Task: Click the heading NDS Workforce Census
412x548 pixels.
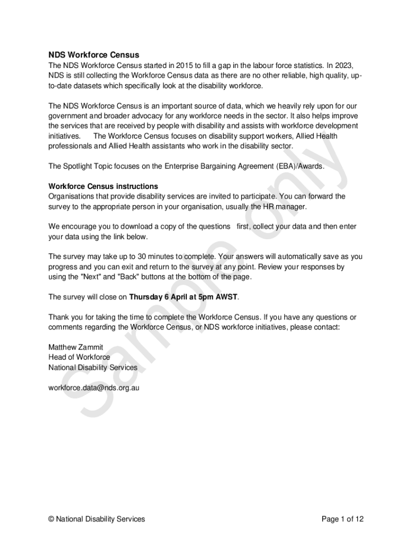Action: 94,55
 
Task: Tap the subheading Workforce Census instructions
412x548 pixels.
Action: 103,186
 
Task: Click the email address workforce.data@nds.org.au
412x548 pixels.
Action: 94,387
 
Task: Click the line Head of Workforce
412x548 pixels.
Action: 79,357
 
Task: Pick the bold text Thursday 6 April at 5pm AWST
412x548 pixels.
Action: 183,296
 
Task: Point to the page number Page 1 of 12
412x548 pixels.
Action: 342,519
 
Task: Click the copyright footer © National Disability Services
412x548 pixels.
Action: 96,519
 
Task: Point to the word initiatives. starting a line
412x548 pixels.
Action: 64,136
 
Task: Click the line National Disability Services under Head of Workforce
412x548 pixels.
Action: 93,368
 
